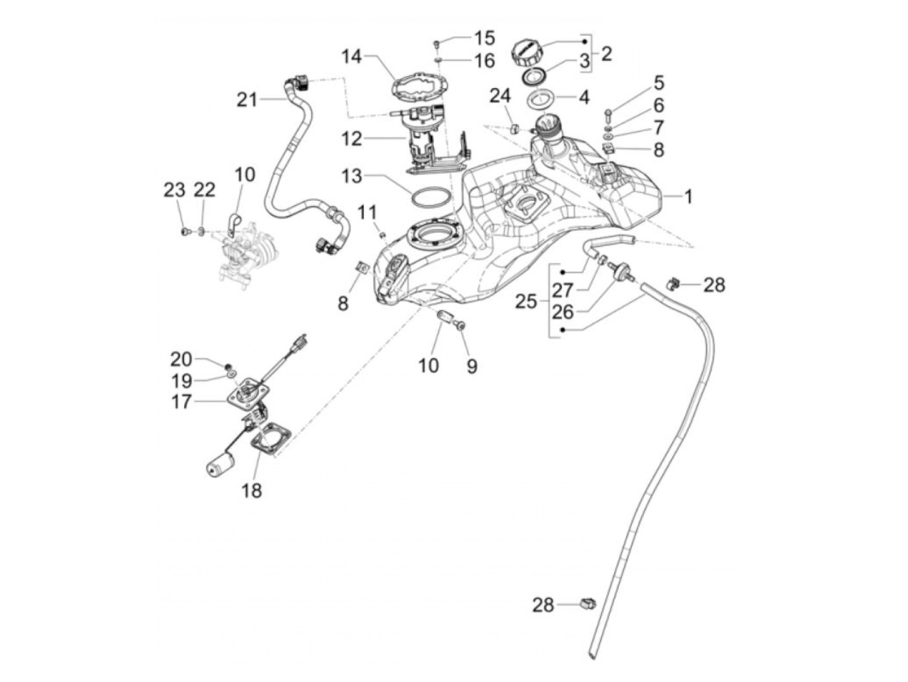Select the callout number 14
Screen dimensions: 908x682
352,56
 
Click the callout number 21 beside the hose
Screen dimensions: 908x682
247,100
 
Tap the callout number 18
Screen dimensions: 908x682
252,491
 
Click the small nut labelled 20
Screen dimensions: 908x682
227,366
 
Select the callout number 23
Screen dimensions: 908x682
174,190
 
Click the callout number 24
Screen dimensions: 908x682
501,96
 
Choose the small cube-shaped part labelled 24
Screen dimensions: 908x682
514,128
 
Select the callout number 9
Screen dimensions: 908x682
472,366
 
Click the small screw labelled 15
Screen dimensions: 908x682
436,42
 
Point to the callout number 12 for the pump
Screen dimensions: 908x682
352,139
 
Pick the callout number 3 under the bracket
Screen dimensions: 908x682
584,62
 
